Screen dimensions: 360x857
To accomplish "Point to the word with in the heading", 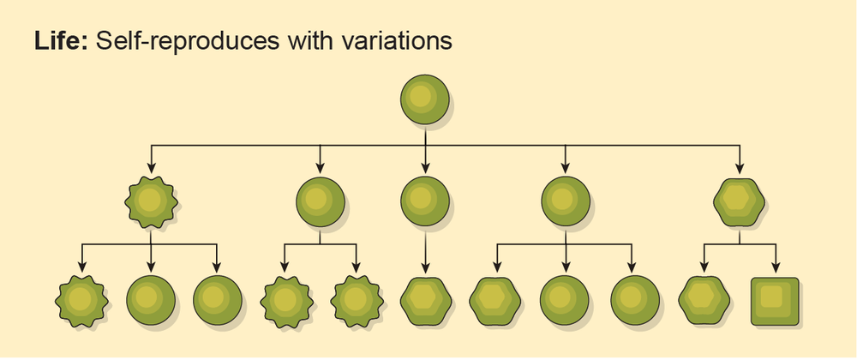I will tap(302, 40).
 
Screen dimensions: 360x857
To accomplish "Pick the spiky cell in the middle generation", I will tap(151, 202).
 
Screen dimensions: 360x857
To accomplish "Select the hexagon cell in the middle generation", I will tap(739, 202).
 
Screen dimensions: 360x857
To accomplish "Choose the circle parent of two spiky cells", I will tap(321, 202).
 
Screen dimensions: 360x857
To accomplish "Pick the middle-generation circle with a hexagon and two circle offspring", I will tap(566, 202).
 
